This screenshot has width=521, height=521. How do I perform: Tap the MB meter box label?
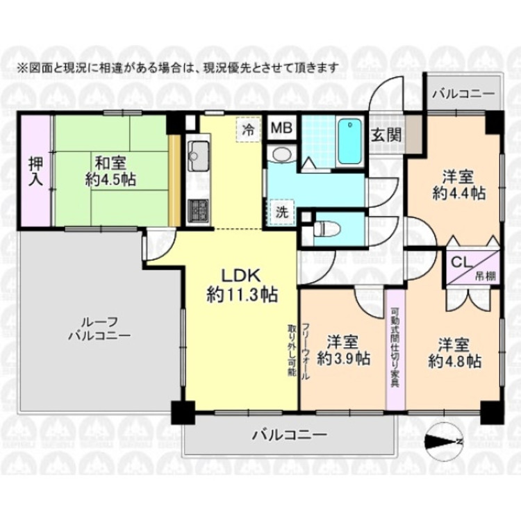(281, 128)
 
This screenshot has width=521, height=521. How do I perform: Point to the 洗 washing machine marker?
(279, 210)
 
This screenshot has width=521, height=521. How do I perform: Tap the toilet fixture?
(324, 228)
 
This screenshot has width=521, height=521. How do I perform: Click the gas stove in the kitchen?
(198, 209)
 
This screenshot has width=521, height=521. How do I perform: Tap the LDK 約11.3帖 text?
(242, 284)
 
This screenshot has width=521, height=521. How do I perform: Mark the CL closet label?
(460, 263)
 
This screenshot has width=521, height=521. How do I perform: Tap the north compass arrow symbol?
(442, 438)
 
